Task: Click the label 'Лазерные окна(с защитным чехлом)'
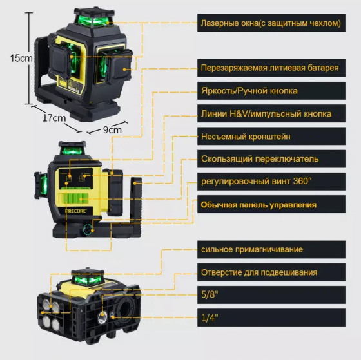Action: click(269, 23)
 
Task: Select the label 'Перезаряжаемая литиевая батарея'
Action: click(269, 68)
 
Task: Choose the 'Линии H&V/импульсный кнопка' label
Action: click(266, 114)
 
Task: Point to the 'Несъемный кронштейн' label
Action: click(246, 137)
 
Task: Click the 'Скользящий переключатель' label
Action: click(259, 159)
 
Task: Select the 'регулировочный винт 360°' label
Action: click(256, 182)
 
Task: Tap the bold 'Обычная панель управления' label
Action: click(259, 205)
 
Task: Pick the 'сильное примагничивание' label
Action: click(251, 249)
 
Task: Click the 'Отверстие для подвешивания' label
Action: click(259, 272)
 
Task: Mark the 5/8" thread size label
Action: click(210, 295)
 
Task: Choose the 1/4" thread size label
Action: click(210, 317)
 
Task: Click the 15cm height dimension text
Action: click(21, 58)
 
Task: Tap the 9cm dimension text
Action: click(112, 129)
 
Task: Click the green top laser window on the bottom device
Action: click(84, 278)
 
